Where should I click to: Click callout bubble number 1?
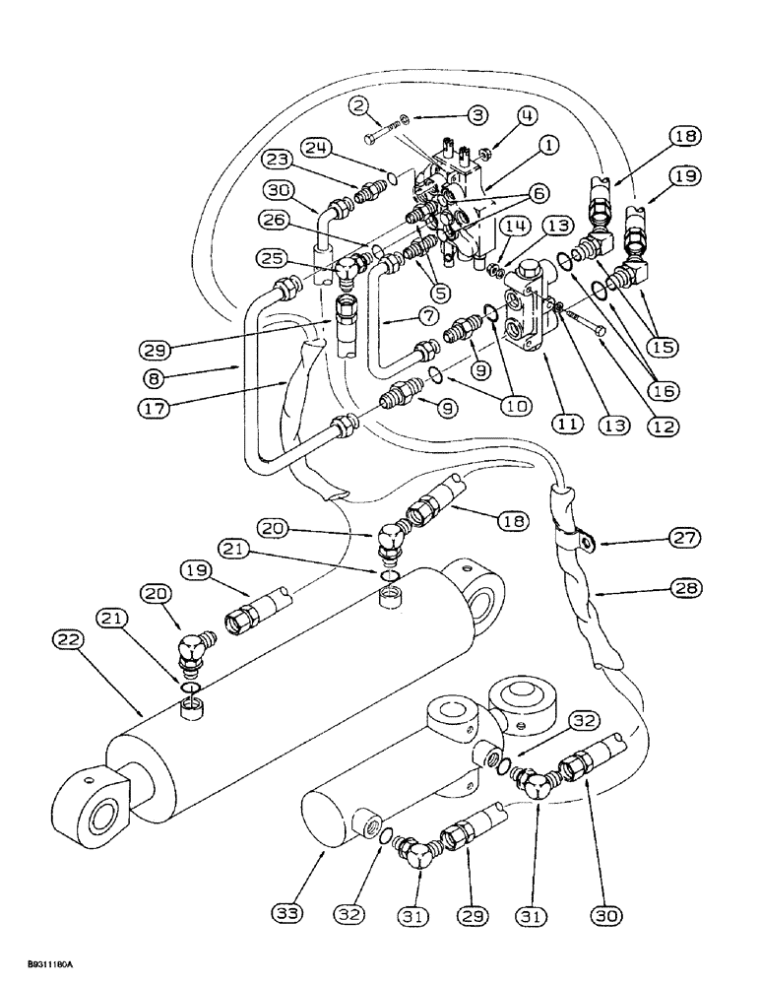(x=548, y=144)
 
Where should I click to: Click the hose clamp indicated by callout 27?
(x=580, y=541)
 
